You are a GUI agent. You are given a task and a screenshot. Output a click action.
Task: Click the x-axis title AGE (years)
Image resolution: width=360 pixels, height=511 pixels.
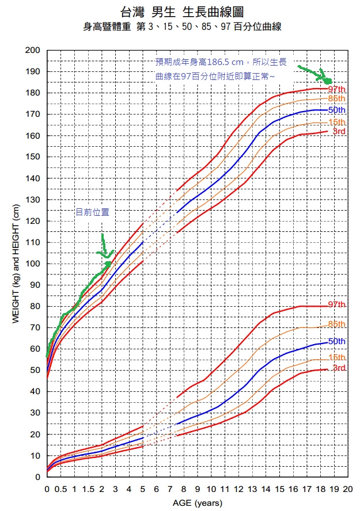tap(197, 504)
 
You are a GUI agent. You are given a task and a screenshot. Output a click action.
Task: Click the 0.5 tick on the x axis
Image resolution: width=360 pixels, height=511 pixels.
tap(60, 489)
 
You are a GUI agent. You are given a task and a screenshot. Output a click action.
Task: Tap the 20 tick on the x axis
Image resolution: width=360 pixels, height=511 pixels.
tap(347, 489)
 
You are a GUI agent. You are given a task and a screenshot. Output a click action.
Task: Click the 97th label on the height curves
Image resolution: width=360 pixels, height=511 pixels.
tap(337, 89)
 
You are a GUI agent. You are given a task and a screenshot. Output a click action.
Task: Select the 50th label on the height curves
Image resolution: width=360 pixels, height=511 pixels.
tap(337, 110)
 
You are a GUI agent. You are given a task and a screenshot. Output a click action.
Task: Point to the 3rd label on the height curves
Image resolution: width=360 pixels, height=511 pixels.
tap(339, 132)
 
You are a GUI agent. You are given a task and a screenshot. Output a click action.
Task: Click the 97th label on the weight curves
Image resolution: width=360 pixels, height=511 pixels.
tap(337, 304)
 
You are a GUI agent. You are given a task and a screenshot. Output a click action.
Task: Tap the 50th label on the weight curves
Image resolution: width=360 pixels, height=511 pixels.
tap(337, 341)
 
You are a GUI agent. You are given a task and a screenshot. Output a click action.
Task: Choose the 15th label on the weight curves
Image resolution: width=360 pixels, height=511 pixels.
tap(337, 357)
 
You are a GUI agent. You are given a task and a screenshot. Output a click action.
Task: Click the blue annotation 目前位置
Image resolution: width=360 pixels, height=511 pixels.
tap(92, 212)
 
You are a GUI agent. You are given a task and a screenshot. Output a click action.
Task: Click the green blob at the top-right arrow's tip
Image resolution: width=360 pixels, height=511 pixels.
tap(327, 80)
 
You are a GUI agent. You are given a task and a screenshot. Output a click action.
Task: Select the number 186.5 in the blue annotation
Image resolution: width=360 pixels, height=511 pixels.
tap(219, 62)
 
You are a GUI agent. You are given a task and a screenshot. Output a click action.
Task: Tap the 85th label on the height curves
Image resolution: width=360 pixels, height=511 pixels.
tap(337, 99)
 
